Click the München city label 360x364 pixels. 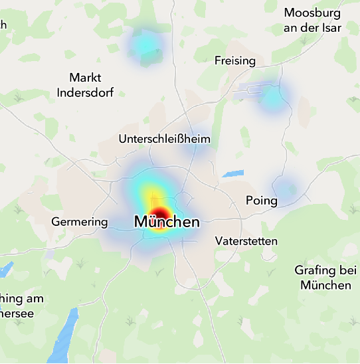pyautogui.click(x=167, y=222)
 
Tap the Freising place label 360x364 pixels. pyautogui.click(x=235, y=61)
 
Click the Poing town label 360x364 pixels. pyautogui.click(x=261, y=200)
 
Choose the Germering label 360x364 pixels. pyautogui.click(x=79, y=221)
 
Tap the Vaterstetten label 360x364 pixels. pyautogui.click(x=246, y=241)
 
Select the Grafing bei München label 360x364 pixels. pyautogui.click(x=325, y=278)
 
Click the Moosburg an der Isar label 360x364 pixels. pyautogui.click(x=312, y=20)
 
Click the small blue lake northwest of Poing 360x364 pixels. pyautogui.click(x=232, y=174)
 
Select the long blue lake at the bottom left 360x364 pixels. pyautogui.click(x=63, y=336)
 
